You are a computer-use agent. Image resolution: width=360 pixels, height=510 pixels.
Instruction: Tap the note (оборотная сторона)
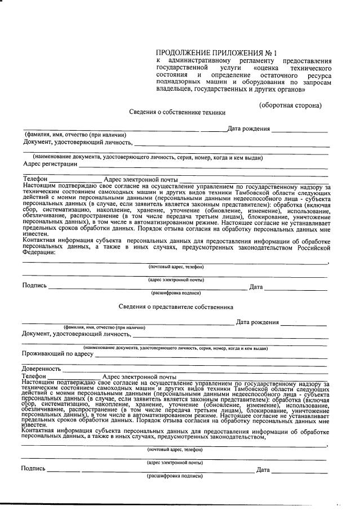[290, 105]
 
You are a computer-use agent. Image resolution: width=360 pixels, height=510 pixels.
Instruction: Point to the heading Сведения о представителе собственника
[176, 307]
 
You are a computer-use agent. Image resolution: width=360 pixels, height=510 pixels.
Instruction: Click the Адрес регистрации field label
[50, 164]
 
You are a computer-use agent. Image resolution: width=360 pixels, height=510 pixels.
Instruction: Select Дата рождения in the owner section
[248, 128]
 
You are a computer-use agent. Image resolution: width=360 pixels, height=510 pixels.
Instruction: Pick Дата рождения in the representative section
[257, 322]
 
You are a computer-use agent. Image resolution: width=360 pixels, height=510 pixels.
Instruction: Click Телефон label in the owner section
[35, 179]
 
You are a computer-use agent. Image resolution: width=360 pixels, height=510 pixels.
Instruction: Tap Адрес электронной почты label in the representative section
[140, 376]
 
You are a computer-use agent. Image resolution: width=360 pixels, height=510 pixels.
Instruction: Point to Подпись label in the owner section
[34, 286]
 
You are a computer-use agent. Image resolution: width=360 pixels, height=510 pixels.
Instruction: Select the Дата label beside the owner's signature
[256, 287]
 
